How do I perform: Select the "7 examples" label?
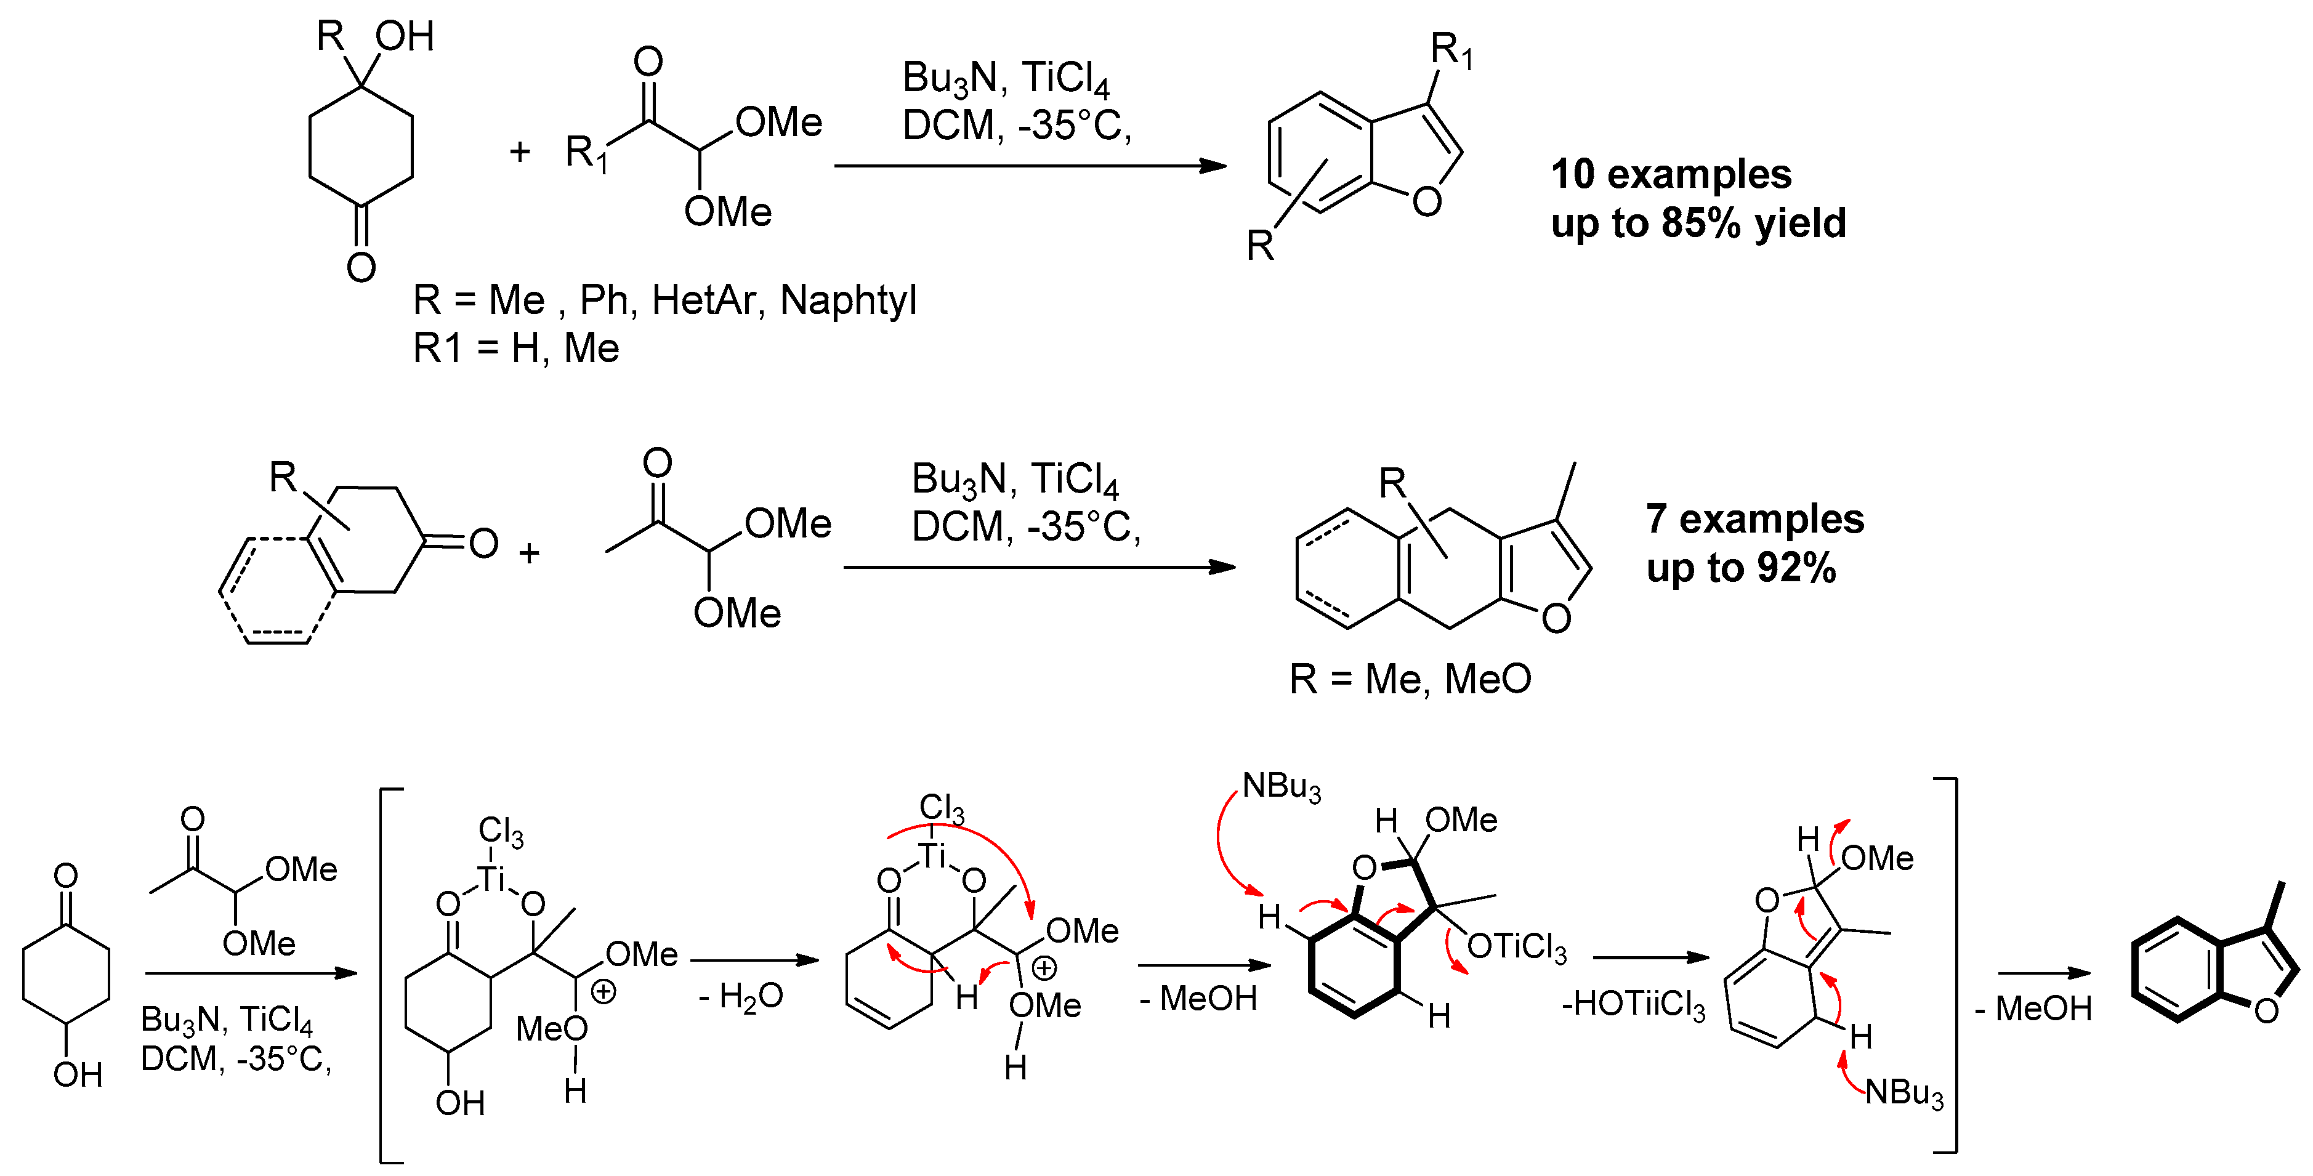tap(1754, 519)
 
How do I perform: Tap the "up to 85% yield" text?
tap(1698, 223)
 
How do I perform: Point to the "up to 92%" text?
tap(1740, 567)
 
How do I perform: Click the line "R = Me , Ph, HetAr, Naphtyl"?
tap(664, 300)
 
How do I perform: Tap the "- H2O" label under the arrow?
tap(741, 996)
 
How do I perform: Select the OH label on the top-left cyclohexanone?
tap(405, 37)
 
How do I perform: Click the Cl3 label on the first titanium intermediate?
tap(500, 831)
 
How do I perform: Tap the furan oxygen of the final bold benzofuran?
tap(2266, 1011)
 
